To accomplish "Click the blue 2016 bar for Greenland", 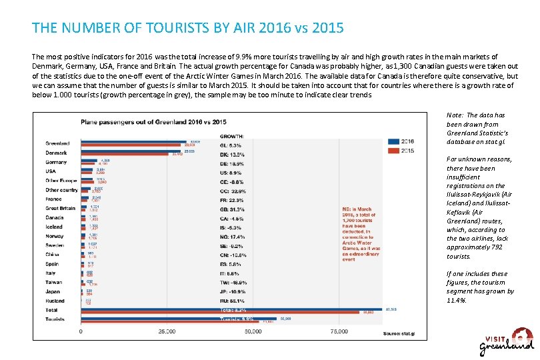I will click(x=133, y=141).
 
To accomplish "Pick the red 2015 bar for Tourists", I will click(x=177, y=321).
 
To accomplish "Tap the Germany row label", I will click(x=56, y=162).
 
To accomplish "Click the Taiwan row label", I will click(x=54, y=282).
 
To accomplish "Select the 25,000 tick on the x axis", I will click(x=167, y=331).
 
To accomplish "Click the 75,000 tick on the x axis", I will click(x=339, y=331).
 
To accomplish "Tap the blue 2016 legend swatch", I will click(x=393, y=141).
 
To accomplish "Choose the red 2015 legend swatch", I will click(x=393, y=150).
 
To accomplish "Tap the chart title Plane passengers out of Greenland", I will click(x=153, y=121).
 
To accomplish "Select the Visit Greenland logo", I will click(x=507, y=341).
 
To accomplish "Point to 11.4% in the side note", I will click(x=456, y=300).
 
